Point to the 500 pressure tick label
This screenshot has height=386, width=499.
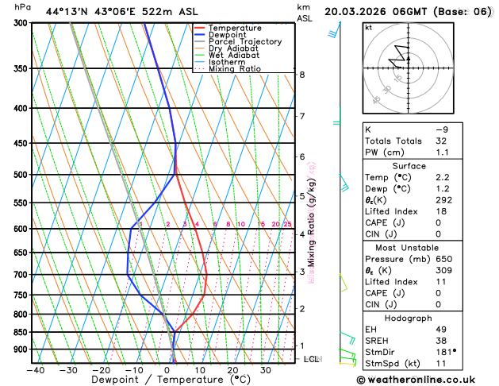[x=20, y=175]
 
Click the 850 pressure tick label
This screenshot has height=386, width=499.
[x=20, y=332]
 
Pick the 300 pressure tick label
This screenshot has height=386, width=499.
[x=20, y=23]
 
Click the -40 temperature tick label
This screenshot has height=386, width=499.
[x=35, y=370]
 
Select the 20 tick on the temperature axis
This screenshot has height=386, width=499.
[x=232, y=370]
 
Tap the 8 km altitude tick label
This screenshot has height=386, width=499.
[x=302, y=75]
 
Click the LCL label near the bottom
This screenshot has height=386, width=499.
[x=312, y=359]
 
